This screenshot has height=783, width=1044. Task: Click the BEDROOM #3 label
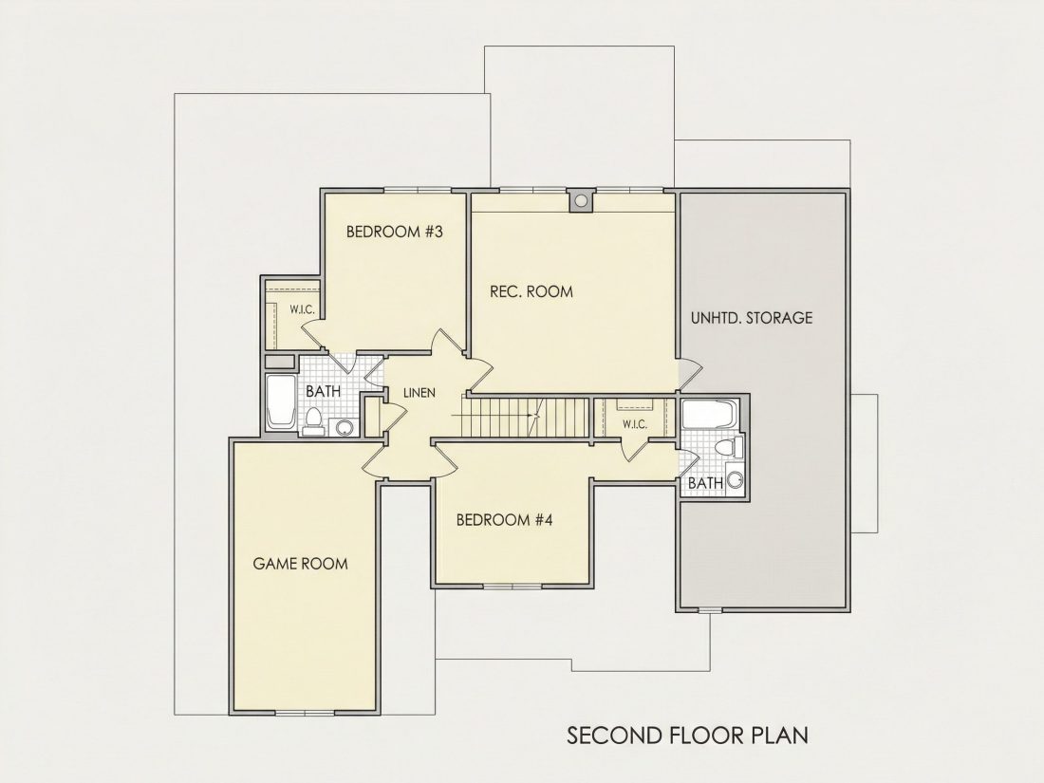(x=394, y=232)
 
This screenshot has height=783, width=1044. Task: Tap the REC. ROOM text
(x=531, y=291)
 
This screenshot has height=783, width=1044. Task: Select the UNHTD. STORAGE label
(x=752, y=318)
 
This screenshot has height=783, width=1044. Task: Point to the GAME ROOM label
(x=300, y=564)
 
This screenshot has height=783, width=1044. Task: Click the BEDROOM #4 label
(x=505, y=520)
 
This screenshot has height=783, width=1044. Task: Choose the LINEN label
(x=419, y=393)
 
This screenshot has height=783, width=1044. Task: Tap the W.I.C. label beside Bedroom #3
(x=302, y=309)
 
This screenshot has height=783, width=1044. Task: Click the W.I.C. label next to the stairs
(x=635, y=424)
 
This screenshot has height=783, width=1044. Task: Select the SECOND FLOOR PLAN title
(x=688, y=735)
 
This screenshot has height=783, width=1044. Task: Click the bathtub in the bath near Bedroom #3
(x=281, y=401)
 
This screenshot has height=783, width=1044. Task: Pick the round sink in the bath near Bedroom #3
(x=345, y=427)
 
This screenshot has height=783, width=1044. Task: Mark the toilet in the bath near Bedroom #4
(x=731, y=447)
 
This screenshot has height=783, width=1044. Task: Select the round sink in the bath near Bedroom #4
(x=735, y=479)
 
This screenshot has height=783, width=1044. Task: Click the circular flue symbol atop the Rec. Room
(x=581, y=200)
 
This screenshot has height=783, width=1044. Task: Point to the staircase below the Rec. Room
(x=526, y=417)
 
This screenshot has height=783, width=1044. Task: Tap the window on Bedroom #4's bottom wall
(x=513, y=586)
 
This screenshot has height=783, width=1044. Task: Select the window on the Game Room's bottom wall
(x=305, y=713)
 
